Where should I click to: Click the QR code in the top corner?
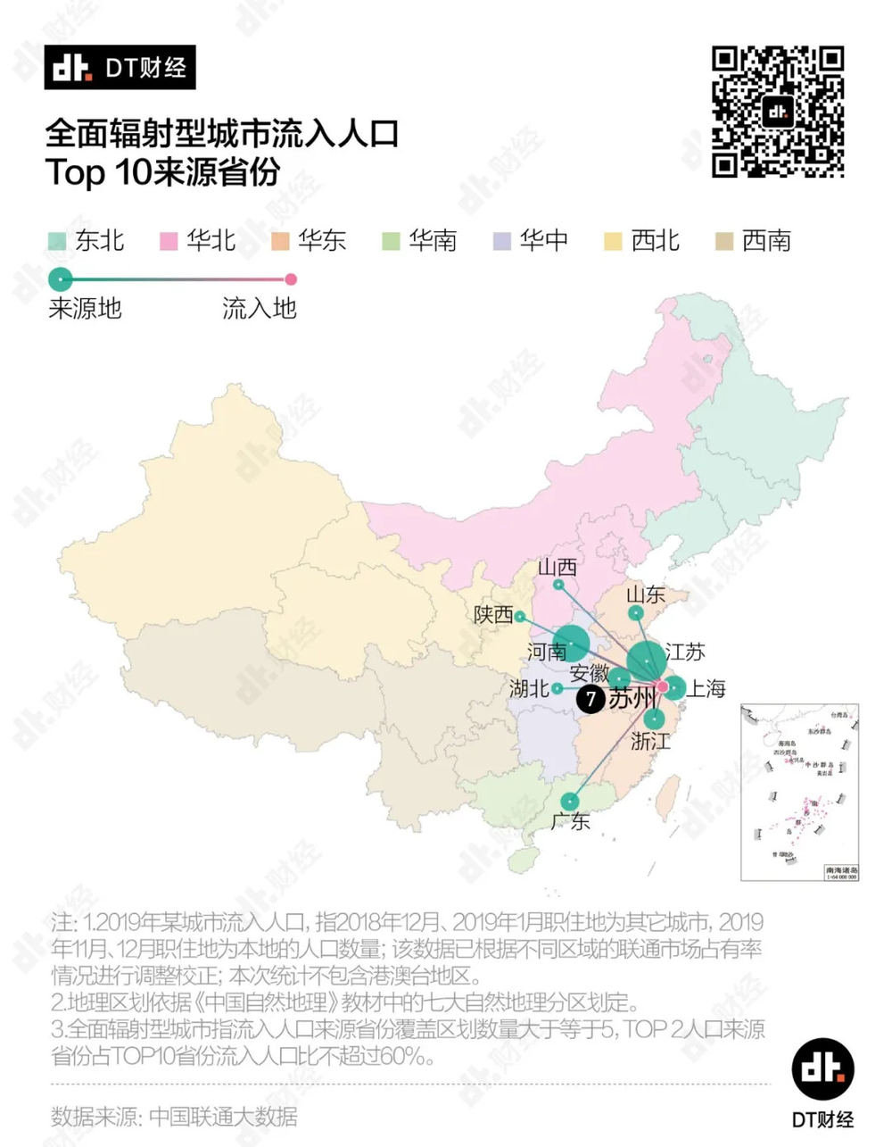click(x=777, y=112)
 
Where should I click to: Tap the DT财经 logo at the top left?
click(x=120, y=68)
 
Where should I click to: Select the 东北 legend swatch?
click(x=57, y=241)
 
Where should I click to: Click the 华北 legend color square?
click(x=169, y=241)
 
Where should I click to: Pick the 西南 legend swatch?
click(x=724, y=241)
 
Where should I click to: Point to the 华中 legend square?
click(x=502, y=241)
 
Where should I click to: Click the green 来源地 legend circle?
click(x=60, y=279)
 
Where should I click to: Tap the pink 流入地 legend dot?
click(x=289, y=279)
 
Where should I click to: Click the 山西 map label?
click(x=557, y=568)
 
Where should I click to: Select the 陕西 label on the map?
click(x=493, y=615)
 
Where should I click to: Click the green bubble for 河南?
click(x=571, y=644)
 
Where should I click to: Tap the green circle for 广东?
click(x=570, y=801)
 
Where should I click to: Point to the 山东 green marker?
click(x=635, y=613)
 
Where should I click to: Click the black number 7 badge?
click(x=590, y=699)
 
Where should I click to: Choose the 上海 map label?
click(x=706, y=688)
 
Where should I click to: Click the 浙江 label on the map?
click(x=650, y=741)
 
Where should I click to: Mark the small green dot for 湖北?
click(x=557, y=688)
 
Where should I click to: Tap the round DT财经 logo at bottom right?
click(x=822, y=1068)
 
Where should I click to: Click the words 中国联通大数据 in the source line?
click(x=223, y=1116)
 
